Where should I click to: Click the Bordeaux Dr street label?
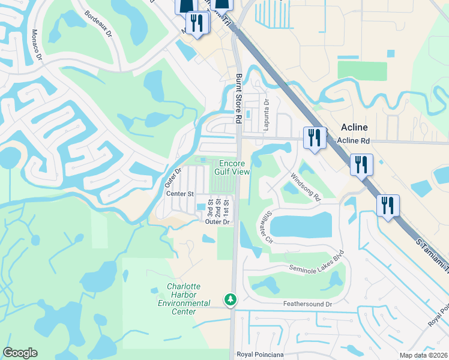click(x=98, y=24)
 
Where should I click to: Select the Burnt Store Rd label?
click(x=238, y=98)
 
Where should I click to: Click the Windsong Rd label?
click(x=306, y=187)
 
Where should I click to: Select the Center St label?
click(x=180, y=194)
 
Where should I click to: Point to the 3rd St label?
click(x=211, y=208)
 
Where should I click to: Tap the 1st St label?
click(x=226, y=208)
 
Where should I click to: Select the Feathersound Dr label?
click(x=307, y=304)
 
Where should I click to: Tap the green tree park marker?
click(x=229, y=299)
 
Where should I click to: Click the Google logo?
click(x=20, y=353)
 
